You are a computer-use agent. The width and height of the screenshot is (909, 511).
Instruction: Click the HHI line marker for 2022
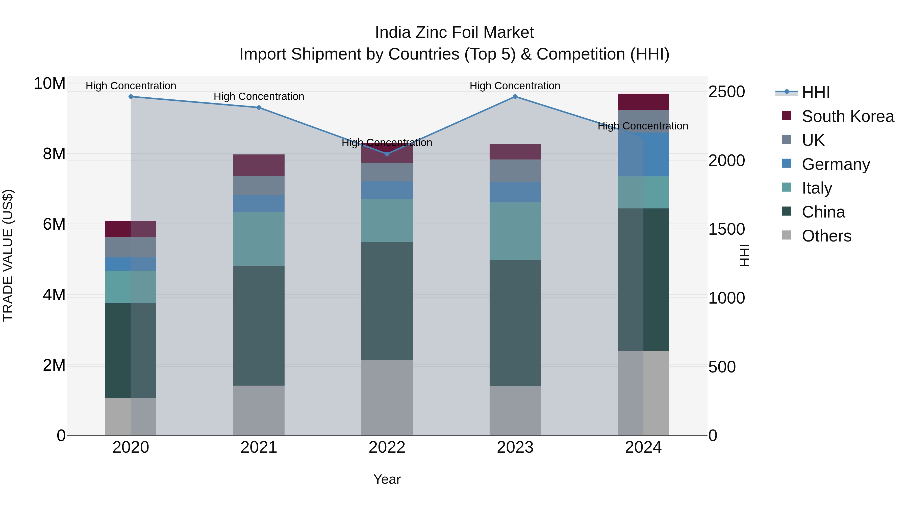click(387, 154)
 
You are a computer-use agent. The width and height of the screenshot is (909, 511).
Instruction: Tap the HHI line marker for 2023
click(515, 97)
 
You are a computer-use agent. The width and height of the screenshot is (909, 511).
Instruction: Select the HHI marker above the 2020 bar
click(131, 97)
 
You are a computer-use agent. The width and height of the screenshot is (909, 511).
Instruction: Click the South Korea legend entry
click(848, 116)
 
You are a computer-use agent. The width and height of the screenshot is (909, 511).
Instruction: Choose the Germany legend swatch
click(787, 164)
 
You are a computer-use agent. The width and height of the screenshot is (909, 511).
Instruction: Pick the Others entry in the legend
click(826, 236)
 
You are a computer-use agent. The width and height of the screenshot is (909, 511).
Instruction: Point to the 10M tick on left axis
click(49, 84)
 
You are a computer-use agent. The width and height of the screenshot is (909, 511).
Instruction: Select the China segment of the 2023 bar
click(515, 323)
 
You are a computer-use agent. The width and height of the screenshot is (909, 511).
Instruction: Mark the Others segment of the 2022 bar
click(387, 397)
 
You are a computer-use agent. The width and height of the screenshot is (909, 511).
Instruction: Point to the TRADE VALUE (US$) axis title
click(8, 255)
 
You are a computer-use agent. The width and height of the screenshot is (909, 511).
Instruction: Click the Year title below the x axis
click(387, 479)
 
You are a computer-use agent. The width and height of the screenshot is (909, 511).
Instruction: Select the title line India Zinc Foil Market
click(454, 33)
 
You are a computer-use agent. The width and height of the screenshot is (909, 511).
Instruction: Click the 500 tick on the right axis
click(722, 367)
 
